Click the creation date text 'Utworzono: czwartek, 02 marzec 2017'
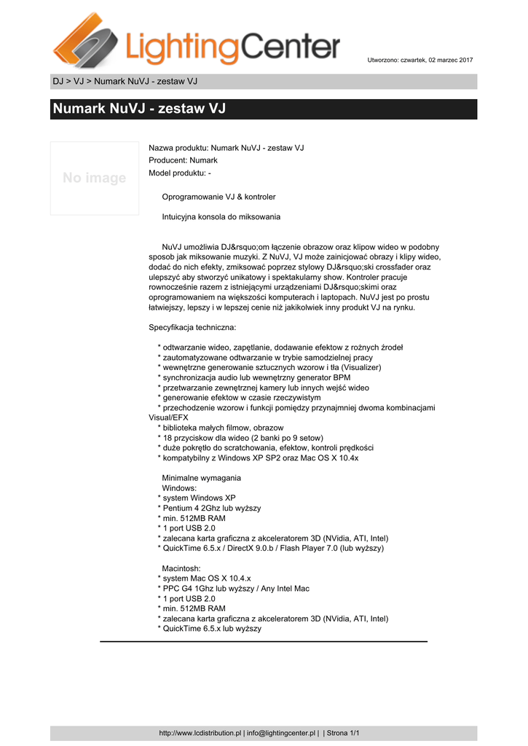coord(419,59)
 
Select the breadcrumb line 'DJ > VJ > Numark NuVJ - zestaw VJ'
coord(125,81)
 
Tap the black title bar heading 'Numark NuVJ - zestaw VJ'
coord(139,109)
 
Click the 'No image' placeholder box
coord(94,178)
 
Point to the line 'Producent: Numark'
coord(183,160)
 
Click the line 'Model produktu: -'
coord(179,173)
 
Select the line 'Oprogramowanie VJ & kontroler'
coord(218,197)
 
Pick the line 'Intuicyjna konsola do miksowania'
coord(221,216)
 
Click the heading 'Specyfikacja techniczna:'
coord(192,328)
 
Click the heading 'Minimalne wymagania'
coord(201,478)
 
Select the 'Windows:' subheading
coord(179,487)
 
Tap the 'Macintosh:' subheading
coord(182,568)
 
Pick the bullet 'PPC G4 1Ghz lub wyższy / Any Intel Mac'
coord(235,588)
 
